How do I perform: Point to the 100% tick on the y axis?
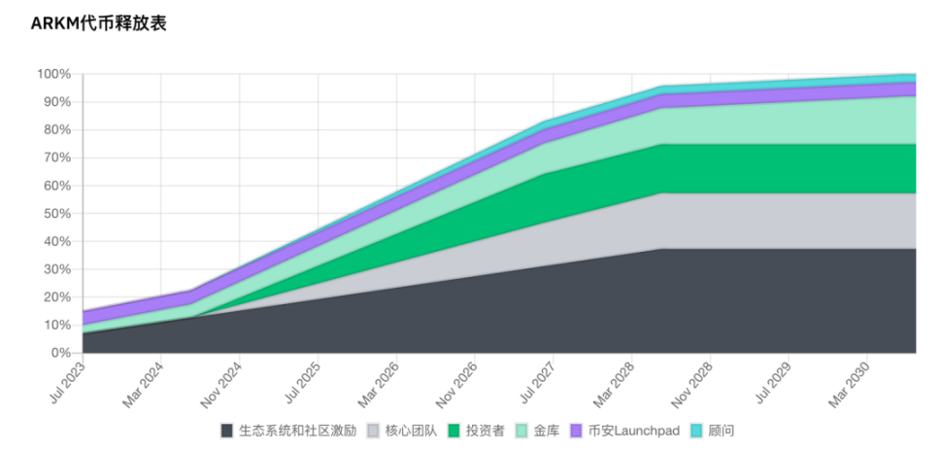53,74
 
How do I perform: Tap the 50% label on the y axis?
56,214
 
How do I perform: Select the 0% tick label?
60,353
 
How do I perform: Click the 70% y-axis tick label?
56,157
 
